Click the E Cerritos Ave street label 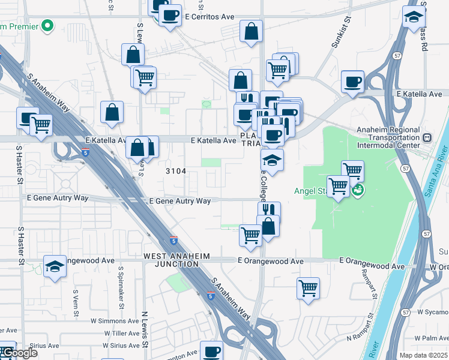pos(209,17)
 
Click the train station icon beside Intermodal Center pos(427,137)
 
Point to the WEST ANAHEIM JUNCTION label pos(176,260)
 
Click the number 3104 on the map pos(176,171)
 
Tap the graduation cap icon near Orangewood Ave pos(55,266)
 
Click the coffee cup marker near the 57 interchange pos(352,81)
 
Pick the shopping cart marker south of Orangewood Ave pos(308,288)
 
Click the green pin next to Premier pos(46,26)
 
